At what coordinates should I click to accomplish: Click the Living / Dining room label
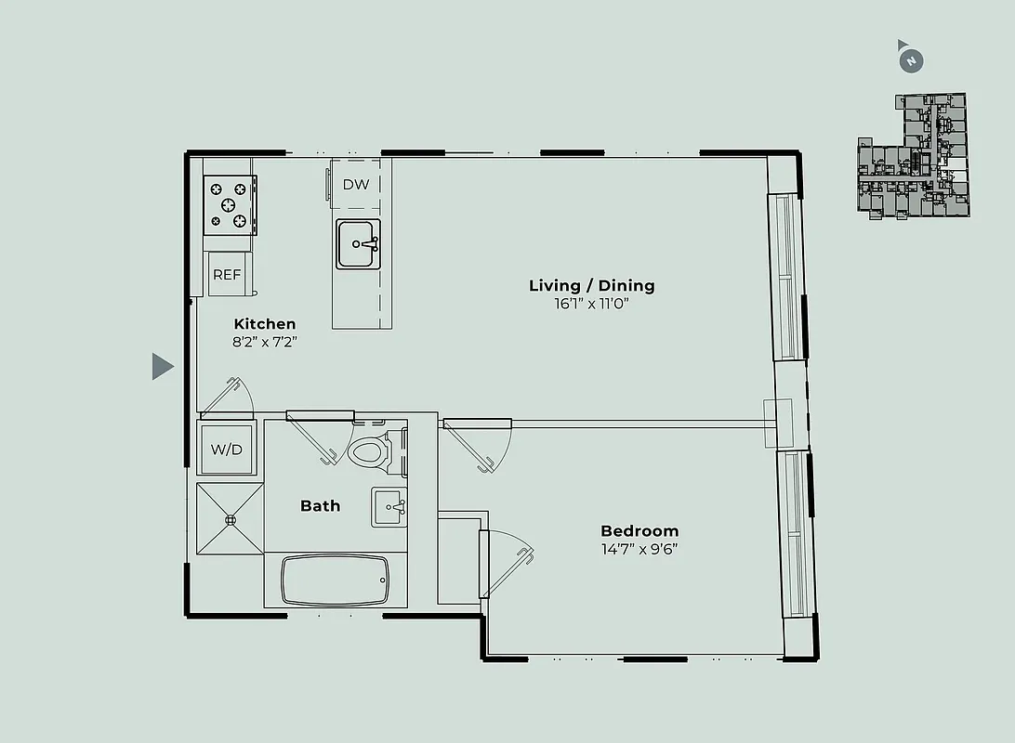point(591,285)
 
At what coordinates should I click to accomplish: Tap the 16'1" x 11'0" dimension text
point(591,304)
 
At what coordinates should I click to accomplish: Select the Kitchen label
point(265,324)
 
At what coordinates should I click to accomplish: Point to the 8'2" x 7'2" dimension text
point(265,342)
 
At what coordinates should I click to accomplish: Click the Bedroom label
point(639,531)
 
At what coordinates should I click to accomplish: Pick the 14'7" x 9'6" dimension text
point(639,549)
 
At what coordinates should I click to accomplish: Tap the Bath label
point(320,506)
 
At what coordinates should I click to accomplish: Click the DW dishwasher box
point(356,184)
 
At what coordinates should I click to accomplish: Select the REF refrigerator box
point(227,275)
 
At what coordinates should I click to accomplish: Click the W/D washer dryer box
point(226,450)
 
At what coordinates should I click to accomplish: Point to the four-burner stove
point(230,204)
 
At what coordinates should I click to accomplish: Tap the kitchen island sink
point(358,244)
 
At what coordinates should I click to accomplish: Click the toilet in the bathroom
point(372,450)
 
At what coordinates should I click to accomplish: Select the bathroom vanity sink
point(389,507)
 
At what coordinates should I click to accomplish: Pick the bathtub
point(335,580)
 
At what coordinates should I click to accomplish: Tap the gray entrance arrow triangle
point(163,367)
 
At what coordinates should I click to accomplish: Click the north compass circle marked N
point(912,61)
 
